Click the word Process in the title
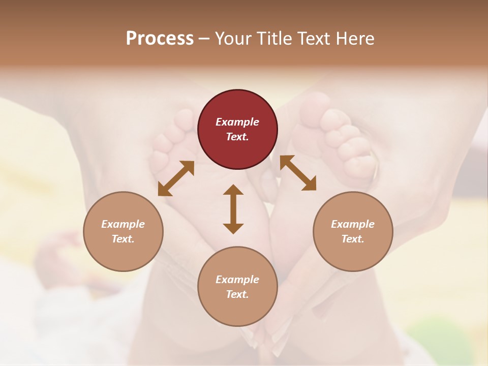point(160,39)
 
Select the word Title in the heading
point(277,39)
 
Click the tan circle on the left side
point(123,231)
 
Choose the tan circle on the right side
point(353,231)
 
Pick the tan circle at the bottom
point(237,287)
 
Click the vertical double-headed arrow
point(233,209)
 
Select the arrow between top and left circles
point(176,178)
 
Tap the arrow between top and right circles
point(298,173)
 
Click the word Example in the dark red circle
point(237,122)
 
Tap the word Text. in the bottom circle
point(237,294)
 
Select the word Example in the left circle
point(123,224)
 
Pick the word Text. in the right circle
point(353,239)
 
